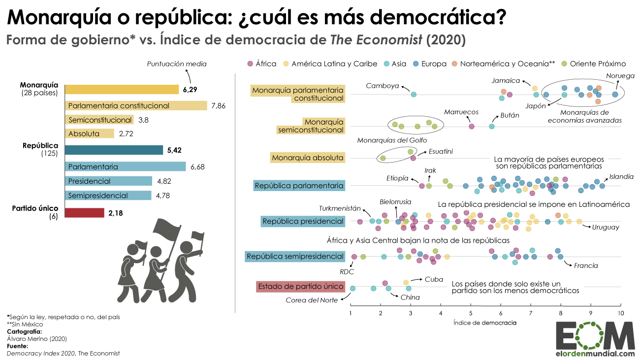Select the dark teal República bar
114,150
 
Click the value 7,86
218,106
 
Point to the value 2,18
116,213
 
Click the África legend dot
250,64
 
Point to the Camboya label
382,86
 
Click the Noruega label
620,76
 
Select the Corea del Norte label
312,300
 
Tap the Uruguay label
606,227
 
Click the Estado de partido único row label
300,287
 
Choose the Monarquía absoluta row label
308,158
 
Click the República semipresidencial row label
295,256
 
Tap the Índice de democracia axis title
484,323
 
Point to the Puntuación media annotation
177,64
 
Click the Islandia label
621,177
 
